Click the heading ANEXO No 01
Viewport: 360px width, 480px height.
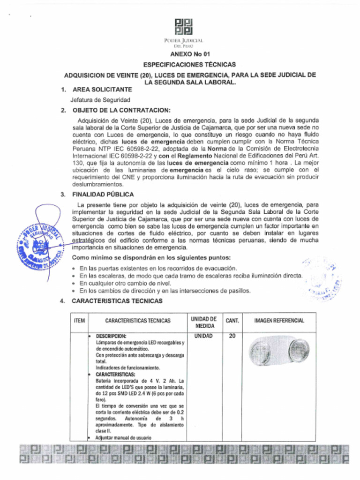[187, 54]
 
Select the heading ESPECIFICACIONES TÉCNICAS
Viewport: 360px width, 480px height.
[189, 65]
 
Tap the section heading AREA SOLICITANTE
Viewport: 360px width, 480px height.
[102, 89]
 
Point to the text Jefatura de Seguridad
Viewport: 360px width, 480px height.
[100, 100]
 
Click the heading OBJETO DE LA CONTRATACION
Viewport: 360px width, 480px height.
[121, 110]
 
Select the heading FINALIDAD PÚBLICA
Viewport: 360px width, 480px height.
[103, 194]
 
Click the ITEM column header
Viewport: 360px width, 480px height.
[79, 321]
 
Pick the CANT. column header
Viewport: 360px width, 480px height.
[232, 321]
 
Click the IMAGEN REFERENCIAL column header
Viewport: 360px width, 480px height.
[279, 321]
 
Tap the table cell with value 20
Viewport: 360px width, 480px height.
[232, 336]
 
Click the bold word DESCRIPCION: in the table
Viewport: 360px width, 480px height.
[111, 337]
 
